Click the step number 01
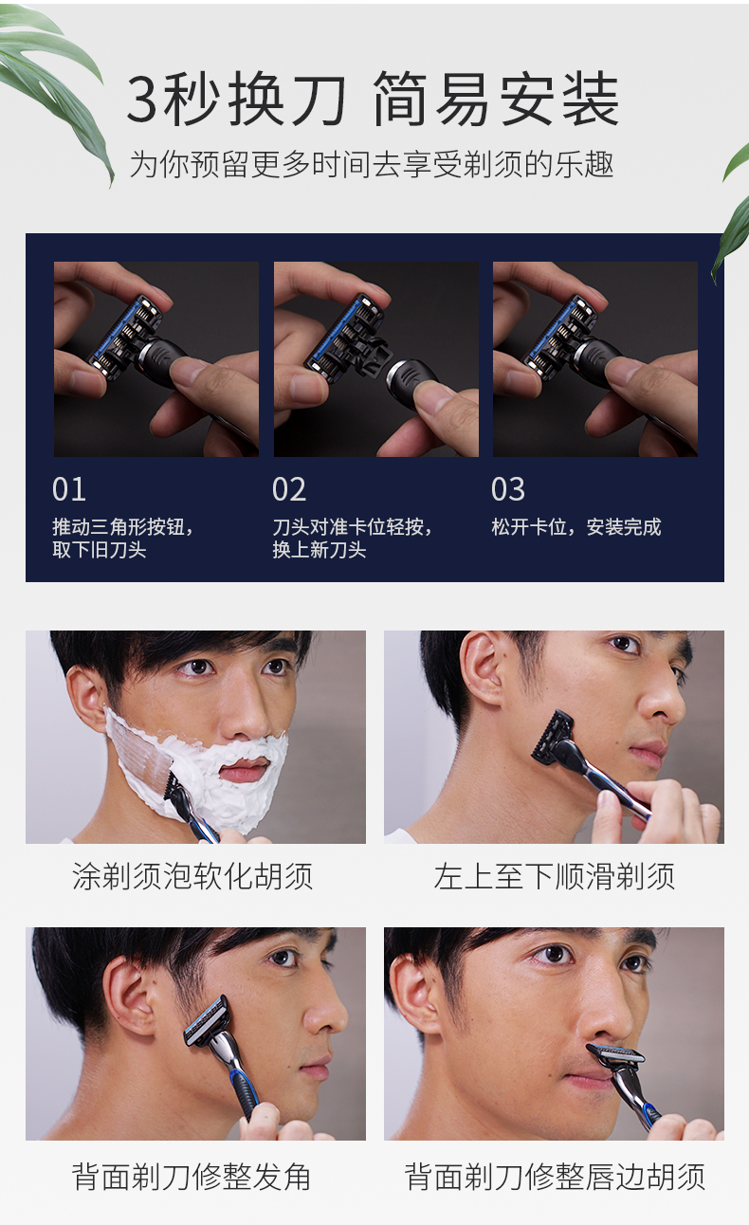69,489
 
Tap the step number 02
288,489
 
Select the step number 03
508,489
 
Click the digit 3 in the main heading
142,100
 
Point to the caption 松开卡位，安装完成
576,527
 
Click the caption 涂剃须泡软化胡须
192,876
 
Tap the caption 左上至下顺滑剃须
554,876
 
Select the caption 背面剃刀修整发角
192,1177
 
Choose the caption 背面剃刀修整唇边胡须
555,1177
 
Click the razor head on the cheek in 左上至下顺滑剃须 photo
553,736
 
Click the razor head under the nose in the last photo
615,1054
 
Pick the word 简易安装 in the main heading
497,100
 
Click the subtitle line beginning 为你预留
372,164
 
